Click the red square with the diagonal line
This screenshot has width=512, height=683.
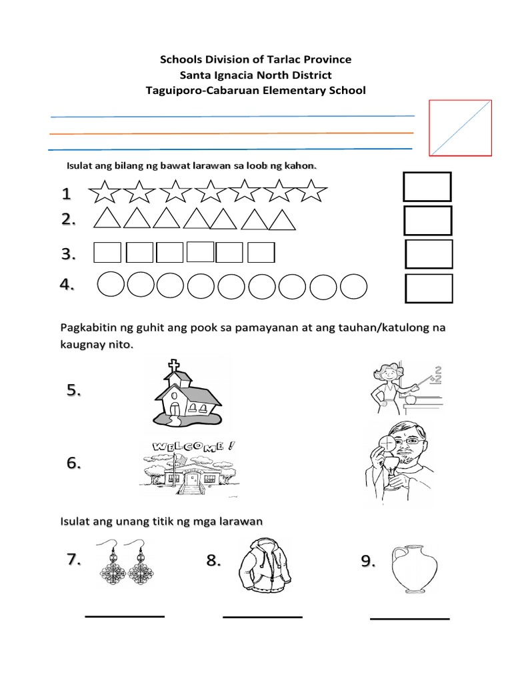460,128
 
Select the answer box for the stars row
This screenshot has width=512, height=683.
427,187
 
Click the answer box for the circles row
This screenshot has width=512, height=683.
429,288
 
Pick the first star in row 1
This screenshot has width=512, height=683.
104,192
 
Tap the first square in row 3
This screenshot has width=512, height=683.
107,253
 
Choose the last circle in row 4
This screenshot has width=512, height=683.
353,287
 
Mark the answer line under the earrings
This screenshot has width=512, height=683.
125,616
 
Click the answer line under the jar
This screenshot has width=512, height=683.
409,619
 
